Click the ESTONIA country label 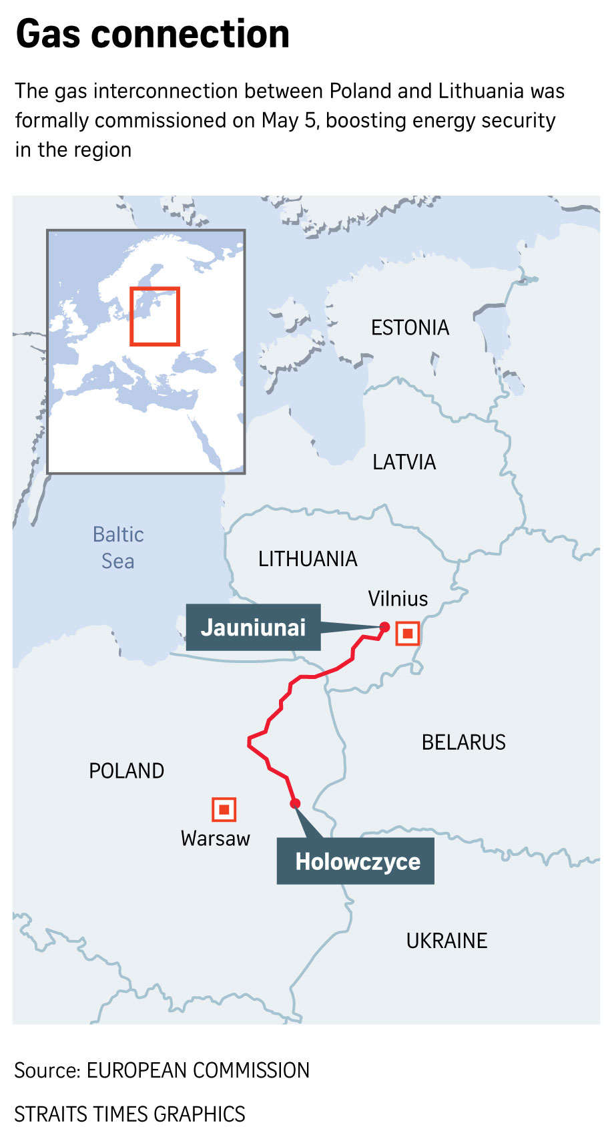coord(410,328)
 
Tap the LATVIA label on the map coord(404,462)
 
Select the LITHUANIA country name coord(308,559)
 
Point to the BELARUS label coord(463,742)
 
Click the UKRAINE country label coord(446,941)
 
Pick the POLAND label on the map coord(126,771)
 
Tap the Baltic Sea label coord(118,547)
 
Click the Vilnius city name coord(398,599)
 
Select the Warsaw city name coord(215,839)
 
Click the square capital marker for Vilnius coord(407,633)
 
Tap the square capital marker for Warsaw coord(224,809)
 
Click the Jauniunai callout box coord(253,628)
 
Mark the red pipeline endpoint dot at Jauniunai coord(384,626)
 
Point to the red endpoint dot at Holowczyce coord(295,803)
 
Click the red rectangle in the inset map coord(155,316)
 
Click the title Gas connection coord(153,34)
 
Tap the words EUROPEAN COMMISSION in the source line coord(198,1070)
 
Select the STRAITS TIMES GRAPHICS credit coord(129,1114)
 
